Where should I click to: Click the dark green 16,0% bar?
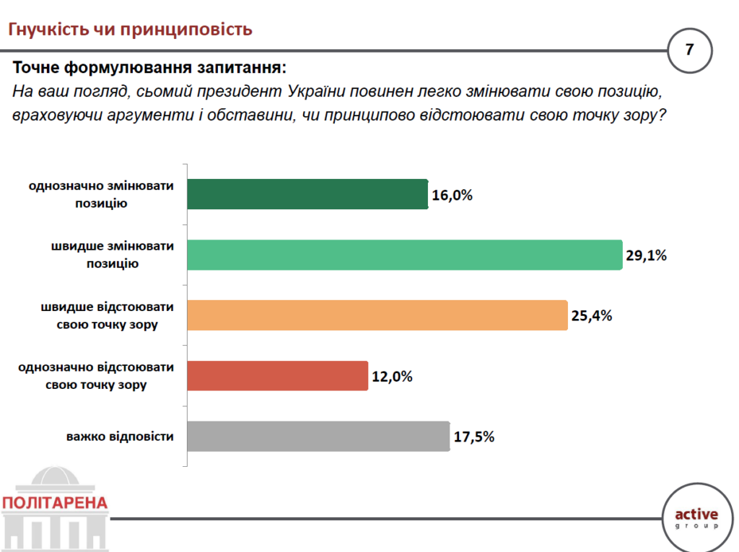coord(307,194)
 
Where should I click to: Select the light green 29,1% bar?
coord(404,255)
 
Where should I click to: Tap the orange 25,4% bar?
coord(377,315)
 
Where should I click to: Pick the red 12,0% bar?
coord(278,376)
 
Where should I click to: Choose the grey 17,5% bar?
coord(318,437)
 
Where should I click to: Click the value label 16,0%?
coord(452,195)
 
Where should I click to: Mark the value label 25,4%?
coord(592,315)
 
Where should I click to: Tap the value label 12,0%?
coord(392,376)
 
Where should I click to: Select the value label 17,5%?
coord(474,437)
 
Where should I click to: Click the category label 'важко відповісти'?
coord(121,437)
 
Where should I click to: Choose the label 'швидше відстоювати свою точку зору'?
coord(107,315)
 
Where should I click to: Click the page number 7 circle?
coord(689,51)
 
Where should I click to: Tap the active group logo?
coord(696,518)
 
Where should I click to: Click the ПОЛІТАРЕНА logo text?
coord(55,502)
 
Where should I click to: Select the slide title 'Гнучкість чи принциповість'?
coord(130,29)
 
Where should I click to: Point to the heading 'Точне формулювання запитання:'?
coord(149,69)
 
